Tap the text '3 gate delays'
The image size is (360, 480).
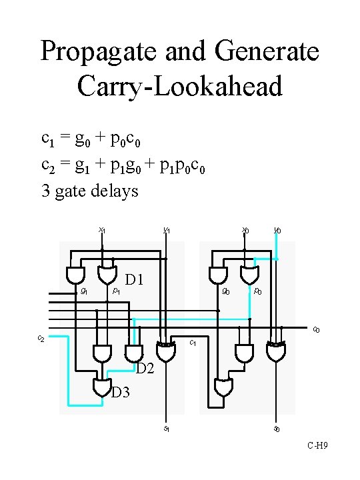click(x=90, y=191)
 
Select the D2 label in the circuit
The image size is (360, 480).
click(x=146, y=367)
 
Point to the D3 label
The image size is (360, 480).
click(x=121, y=392)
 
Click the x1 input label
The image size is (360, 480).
click(x=102, y=230)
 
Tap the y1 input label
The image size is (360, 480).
click(x=167, y=230)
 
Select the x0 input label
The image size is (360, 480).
click(x=245, y=230)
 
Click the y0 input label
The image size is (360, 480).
click(x=277, y=230)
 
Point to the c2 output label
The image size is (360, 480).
click(x=41, y=339)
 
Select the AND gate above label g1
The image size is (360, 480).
click(x=77, y=275)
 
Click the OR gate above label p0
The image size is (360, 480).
click(x=250, y=275)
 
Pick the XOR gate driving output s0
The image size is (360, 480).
click(x=275, y=352)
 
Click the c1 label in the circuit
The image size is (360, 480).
click(x=193, y=343)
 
